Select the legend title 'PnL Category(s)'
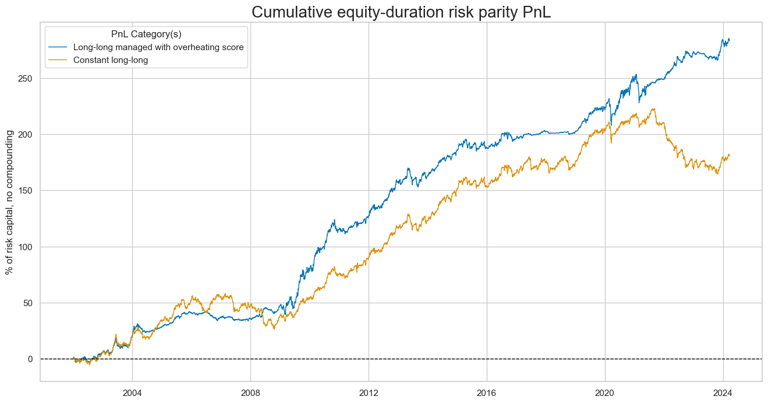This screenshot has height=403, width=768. pyautogui.click(x=146, y=34)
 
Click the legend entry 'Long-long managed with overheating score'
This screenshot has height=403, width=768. pyautogui.click(x=158, y=47)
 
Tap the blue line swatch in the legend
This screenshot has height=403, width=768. pyautogui.click(x=59, y=47)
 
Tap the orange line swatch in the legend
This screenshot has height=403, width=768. pyautogui.click(x=59, y=59)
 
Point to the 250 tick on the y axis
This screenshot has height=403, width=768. pyautogui.click(x=28, y=78)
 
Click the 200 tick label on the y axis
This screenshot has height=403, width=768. pyautogui.click(x=28, y=134)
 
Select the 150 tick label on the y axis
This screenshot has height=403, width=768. pyautogui.click(x=28, y=191)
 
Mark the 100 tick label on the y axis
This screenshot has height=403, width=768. pyautogui.click(x=28, y=247)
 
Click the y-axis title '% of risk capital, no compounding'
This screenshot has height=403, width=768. pyautogui.click(x=10, y=202)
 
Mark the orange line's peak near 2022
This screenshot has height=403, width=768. pyautogui.click(x=654, y=109)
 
